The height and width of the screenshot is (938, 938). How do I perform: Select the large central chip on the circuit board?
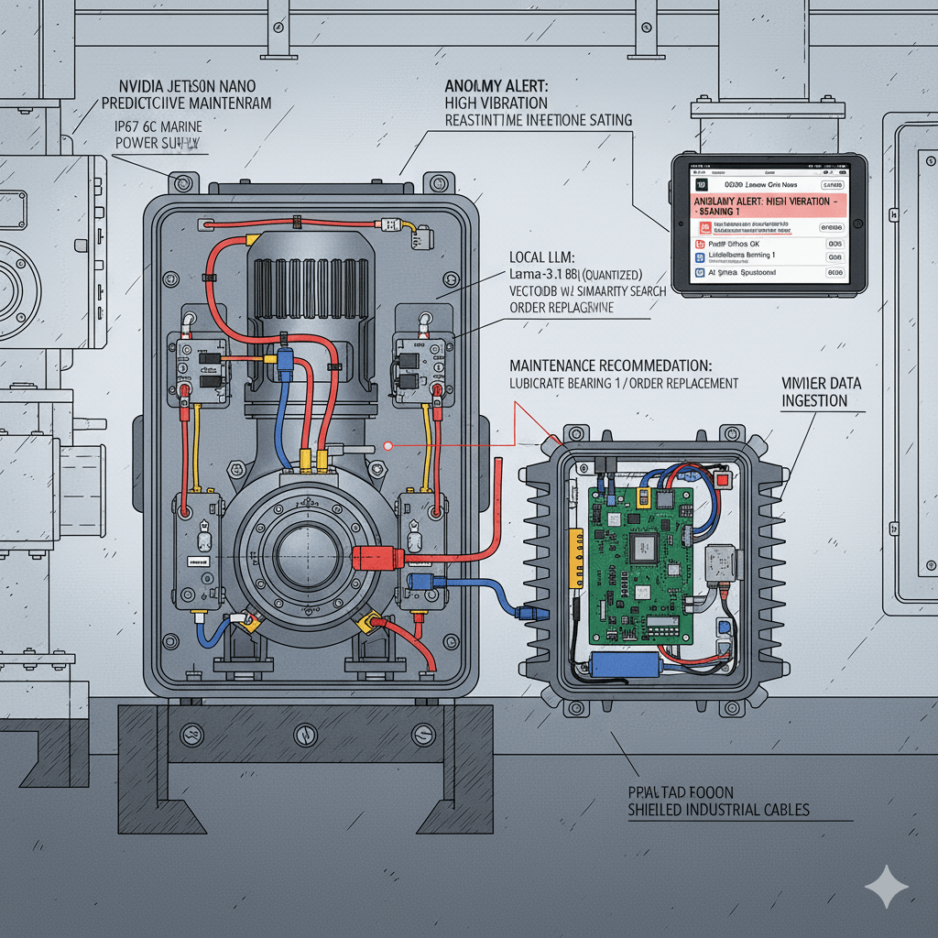646,546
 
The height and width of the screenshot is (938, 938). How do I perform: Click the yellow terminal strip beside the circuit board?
576,559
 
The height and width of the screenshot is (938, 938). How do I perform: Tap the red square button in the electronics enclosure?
724,479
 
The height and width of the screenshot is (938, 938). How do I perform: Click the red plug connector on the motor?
374,555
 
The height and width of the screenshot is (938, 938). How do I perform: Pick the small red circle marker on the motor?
388,446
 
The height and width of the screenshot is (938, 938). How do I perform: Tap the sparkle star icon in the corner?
886,886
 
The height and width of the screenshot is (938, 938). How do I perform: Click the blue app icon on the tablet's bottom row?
700,273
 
